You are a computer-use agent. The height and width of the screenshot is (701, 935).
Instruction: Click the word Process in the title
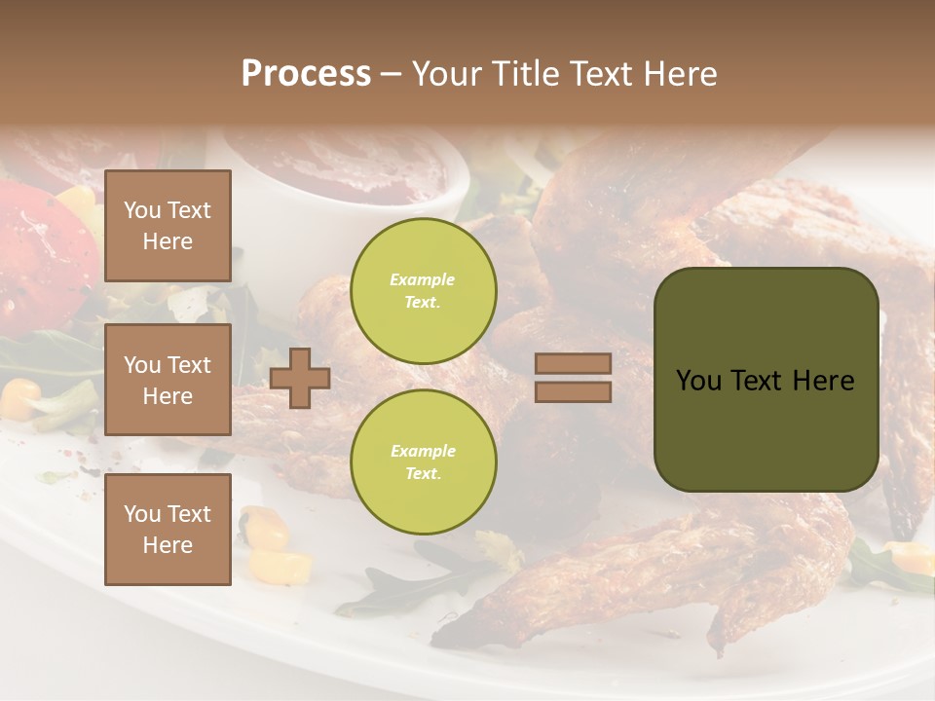[306, 74]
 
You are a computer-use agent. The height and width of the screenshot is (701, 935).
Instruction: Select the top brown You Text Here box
[168, 226]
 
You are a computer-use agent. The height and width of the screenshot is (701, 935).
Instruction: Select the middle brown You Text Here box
[168, 380]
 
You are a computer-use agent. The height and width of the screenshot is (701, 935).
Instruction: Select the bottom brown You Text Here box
[168, 530]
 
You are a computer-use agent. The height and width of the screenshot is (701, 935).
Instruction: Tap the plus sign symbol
[300, 378]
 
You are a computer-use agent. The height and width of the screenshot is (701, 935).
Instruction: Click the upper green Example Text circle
[424, 291]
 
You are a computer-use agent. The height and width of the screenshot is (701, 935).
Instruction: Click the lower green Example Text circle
[424, 462]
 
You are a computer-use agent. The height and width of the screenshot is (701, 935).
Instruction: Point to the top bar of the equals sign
[573, 363]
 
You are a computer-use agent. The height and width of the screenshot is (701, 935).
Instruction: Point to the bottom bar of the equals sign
[573, 391]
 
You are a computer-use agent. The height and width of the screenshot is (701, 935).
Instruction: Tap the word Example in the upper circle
[423, 280]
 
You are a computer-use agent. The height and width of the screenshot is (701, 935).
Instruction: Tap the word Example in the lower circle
[423, 452]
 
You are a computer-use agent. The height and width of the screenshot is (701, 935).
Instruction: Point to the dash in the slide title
[392, 74]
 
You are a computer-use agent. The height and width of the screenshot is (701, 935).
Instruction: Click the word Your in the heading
[451, 74]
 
